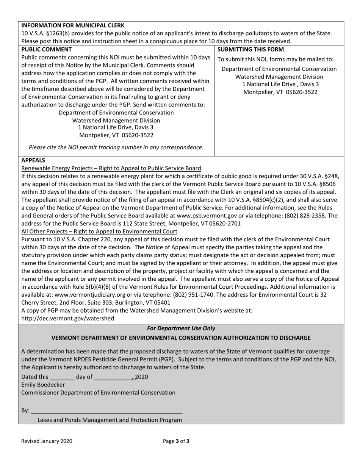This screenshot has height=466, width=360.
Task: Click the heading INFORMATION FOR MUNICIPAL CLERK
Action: [x=73, y=25]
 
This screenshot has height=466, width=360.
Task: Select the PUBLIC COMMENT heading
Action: [x=46, y=49]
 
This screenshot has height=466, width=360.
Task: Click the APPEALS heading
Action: [x=33, y=160]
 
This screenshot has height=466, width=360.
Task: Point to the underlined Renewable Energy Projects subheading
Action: [x=111, y=168]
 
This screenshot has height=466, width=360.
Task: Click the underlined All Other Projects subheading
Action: [x=99, y=231]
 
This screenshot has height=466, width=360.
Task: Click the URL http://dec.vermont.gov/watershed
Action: [x=67, y=318]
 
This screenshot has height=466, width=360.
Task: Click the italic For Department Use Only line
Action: [x=181, y=328]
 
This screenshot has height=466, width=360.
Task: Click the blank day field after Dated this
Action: [x=62, y=377]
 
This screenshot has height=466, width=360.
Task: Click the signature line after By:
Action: [x=106, y=411]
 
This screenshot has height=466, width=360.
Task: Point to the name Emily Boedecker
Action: [x=43, y=385]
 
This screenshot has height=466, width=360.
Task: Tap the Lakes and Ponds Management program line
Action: [x=110, y=420]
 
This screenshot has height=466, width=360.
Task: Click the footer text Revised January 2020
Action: [x=47, y=441]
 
